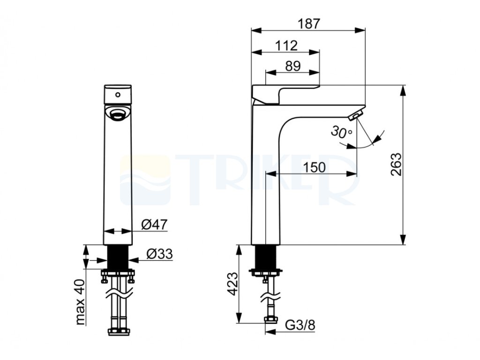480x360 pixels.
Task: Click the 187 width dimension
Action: pos(309,24)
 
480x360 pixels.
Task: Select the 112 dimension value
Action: pos(286,46)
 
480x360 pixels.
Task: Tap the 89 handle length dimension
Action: pos(293,66)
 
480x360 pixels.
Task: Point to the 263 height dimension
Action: pos(396,165)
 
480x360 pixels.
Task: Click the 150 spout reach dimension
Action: pos(314,167)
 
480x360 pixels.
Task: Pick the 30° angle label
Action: pos(341,132)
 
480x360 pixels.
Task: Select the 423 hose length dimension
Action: pos(232,284)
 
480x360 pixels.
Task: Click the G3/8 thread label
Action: pos(300,325)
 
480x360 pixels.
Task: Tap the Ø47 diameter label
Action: pos(154,225)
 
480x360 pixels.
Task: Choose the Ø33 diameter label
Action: pos(159,254)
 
